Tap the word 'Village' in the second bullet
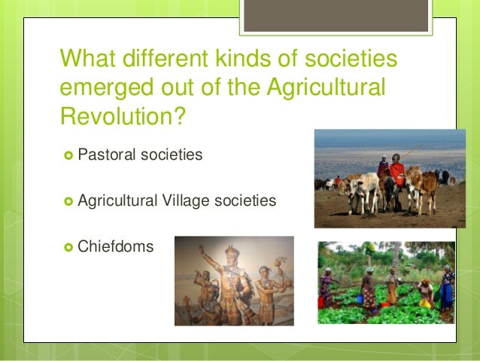coord(179,200)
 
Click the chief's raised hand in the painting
coord(202,249)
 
